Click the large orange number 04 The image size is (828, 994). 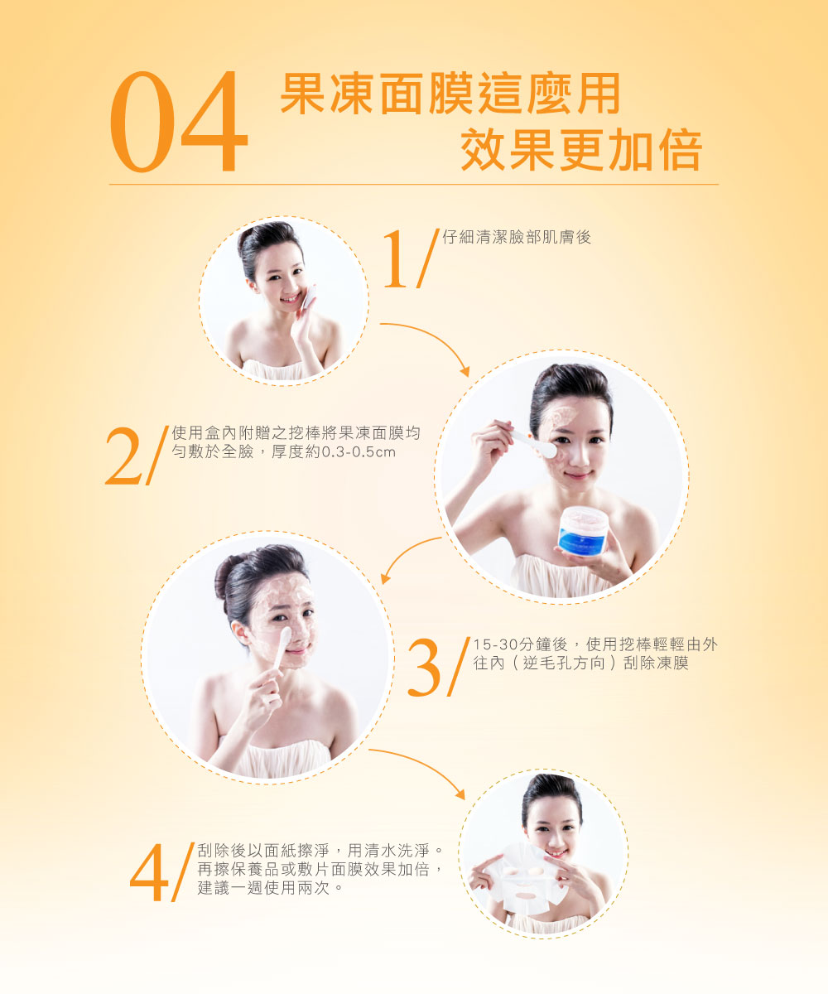point(179,122)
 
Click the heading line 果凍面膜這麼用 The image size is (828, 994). point(450,94)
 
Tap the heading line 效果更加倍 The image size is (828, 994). point(581,149)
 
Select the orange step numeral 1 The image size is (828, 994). point(395,258)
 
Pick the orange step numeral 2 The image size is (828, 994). point(123,456)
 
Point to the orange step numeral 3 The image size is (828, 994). point(425,668)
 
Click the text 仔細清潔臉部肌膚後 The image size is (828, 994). point(517,237)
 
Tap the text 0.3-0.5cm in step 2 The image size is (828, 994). point(359,451)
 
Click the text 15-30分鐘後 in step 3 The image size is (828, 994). point(521,644)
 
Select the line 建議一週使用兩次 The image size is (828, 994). point(264,888)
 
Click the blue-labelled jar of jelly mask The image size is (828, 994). point(581,531)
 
